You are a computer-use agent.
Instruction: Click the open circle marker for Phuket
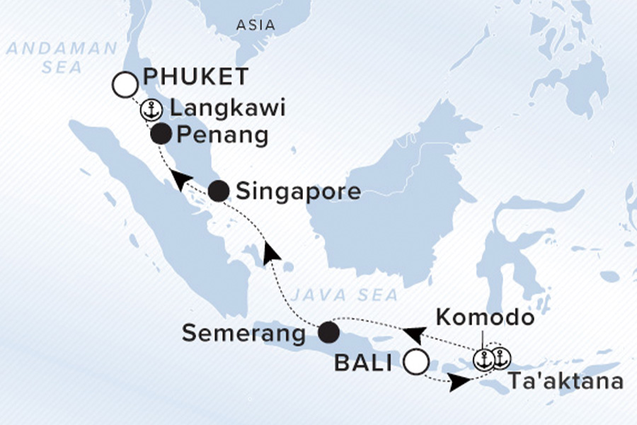pos(125,85)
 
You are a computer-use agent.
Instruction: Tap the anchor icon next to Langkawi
pos(150,110)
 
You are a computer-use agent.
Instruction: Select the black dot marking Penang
pos(161,134)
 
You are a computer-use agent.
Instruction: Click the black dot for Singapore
pos(219,191)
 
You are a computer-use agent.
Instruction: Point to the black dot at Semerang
pos(327,332)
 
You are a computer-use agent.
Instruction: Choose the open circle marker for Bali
pos(416,363)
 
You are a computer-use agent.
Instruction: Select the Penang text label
pos(223,135)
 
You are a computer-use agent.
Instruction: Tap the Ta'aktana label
pos(566,382)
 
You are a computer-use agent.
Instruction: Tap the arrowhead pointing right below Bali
pos(459,381)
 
